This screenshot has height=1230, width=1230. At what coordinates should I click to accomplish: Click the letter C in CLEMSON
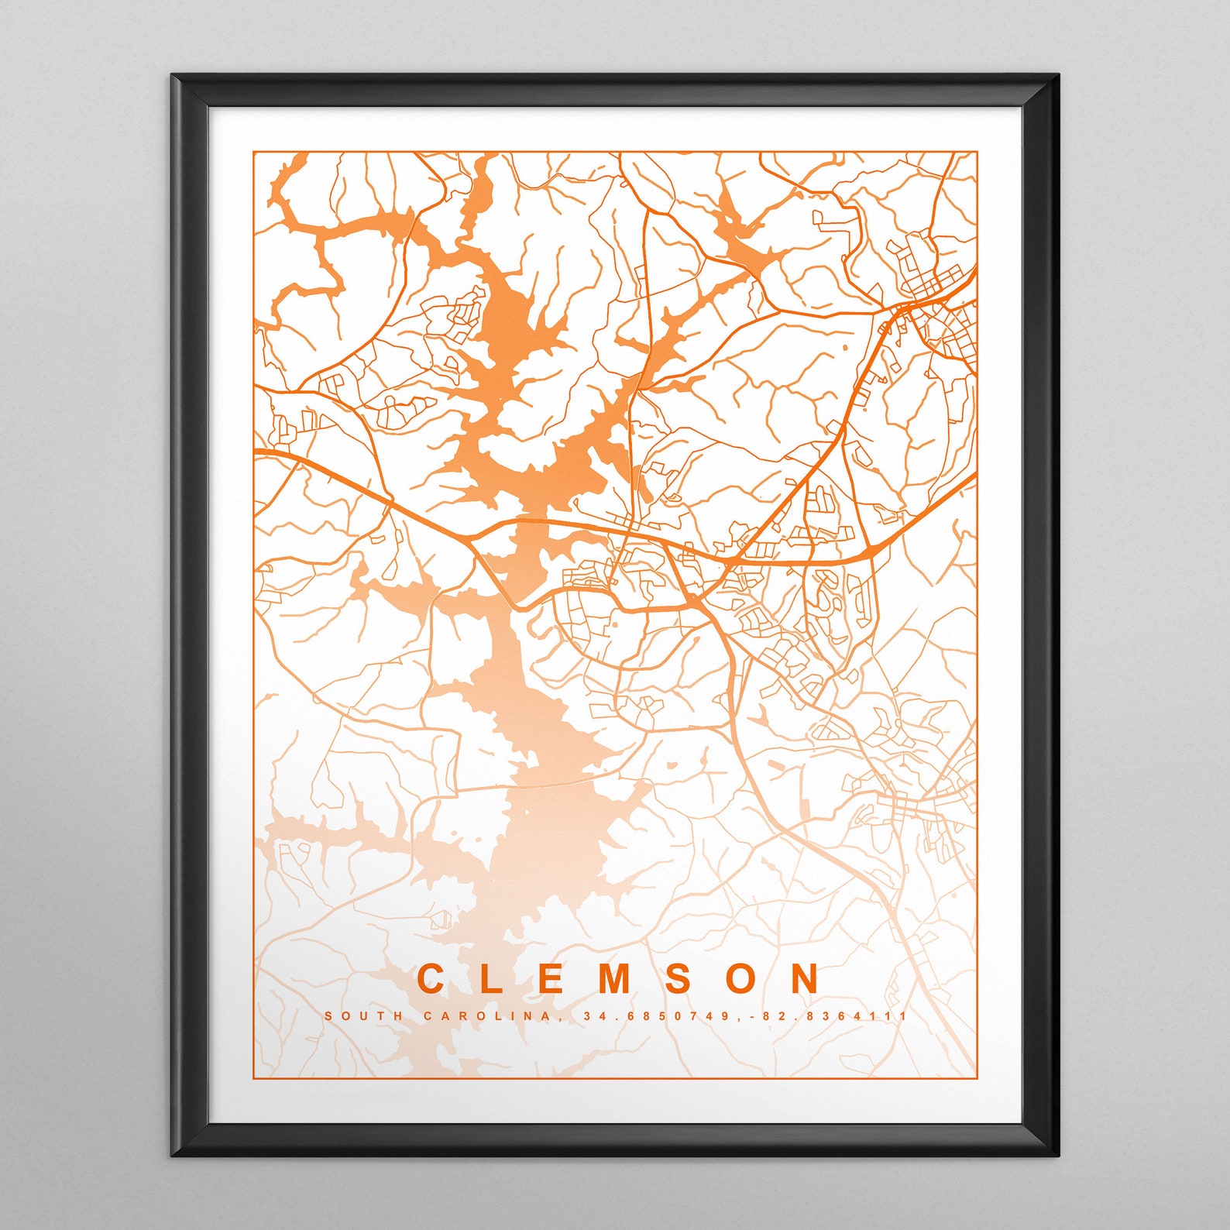tap(431, 979)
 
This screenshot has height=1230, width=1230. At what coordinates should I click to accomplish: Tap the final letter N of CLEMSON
tap(806, 979)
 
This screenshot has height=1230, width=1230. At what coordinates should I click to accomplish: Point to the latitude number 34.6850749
tap(655, 1015)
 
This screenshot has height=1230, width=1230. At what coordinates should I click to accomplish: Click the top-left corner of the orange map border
tap(254, 153)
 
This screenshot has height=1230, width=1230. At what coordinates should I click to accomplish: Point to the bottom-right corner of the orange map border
tap(977, 1077)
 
